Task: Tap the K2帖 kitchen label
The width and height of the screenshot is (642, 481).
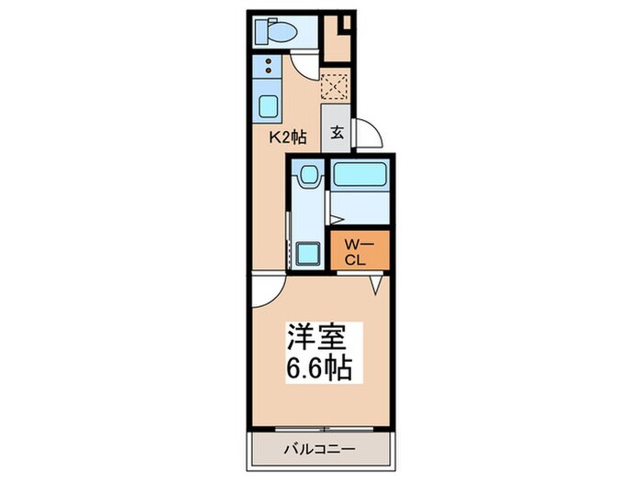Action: [286, 137]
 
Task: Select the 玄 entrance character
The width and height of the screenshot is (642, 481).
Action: [337, 132]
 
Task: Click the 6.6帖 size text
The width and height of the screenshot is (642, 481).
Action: [318, 371]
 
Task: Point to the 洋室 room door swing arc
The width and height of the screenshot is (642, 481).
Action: [261, 291]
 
